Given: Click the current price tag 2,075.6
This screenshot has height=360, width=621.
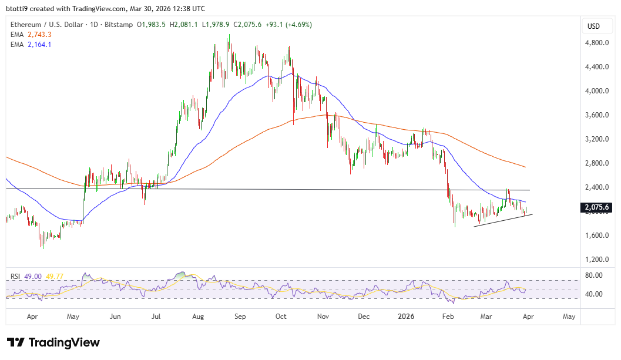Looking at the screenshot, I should [x=596, y=207].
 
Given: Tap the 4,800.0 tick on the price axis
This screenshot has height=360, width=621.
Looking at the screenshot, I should [x=596, y=43].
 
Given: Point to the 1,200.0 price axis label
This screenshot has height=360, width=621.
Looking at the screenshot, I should [x=596, y=260].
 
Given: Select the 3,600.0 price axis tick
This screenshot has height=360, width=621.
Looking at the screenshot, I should [x=596, y=115].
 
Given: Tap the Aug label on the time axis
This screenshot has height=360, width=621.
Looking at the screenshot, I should [x=198, y=317].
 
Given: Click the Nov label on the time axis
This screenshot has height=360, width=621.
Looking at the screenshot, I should [x=323, y=317].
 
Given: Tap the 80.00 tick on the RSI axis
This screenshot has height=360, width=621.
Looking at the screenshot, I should [x=594, y=275].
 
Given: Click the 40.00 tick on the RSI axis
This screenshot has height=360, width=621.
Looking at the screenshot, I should [x=594, y=294].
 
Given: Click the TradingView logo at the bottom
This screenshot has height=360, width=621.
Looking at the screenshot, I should [x=53, y=342].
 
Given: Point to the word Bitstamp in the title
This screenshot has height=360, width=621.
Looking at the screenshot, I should [x=119, y=25].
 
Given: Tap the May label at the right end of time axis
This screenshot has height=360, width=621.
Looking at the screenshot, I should [x=569, y=317].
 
